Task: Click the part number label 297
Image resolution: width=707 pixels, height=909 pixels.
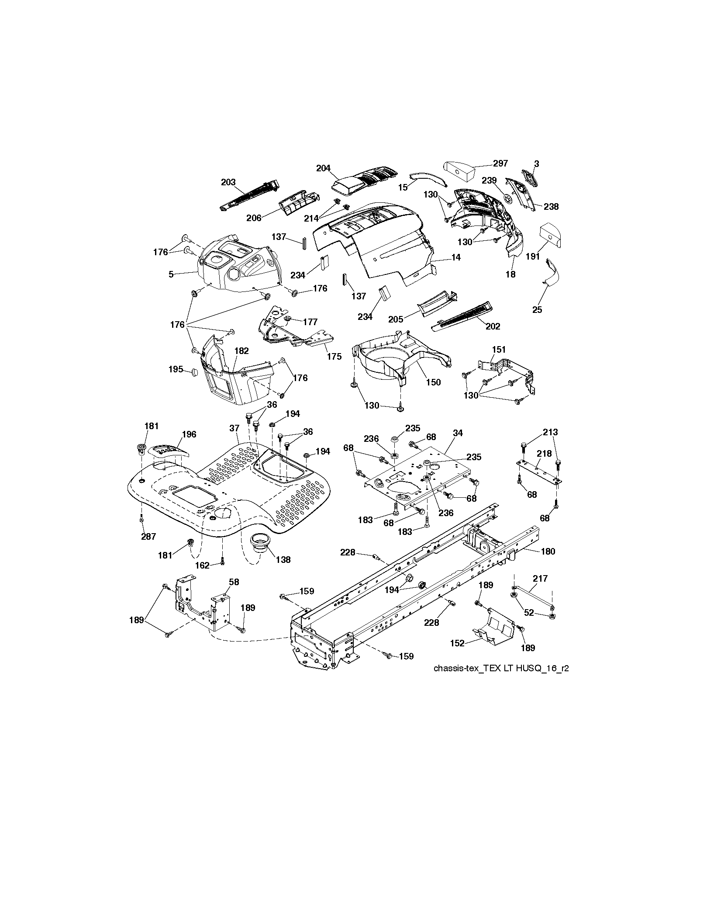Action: click(500, 163)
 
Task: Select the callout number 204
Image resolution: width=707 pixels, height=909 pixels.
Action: click(324, 168)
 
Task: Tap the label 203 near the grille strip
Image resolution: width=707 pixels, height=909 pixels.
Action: click(228, 182)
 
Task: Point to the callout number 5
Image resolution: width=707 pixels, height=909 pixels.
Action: click(171, 274)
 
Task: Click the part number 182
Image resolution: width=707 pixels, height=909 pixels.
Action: click(241, 351)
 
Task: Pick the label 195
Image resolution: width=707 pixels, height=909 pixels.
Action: click(176, 369)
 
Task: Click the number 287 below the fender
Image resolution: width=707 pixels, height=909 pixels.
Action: click(148, 537)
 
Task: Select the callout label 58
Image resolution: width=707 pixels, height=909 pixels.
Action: click(234, 582)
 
